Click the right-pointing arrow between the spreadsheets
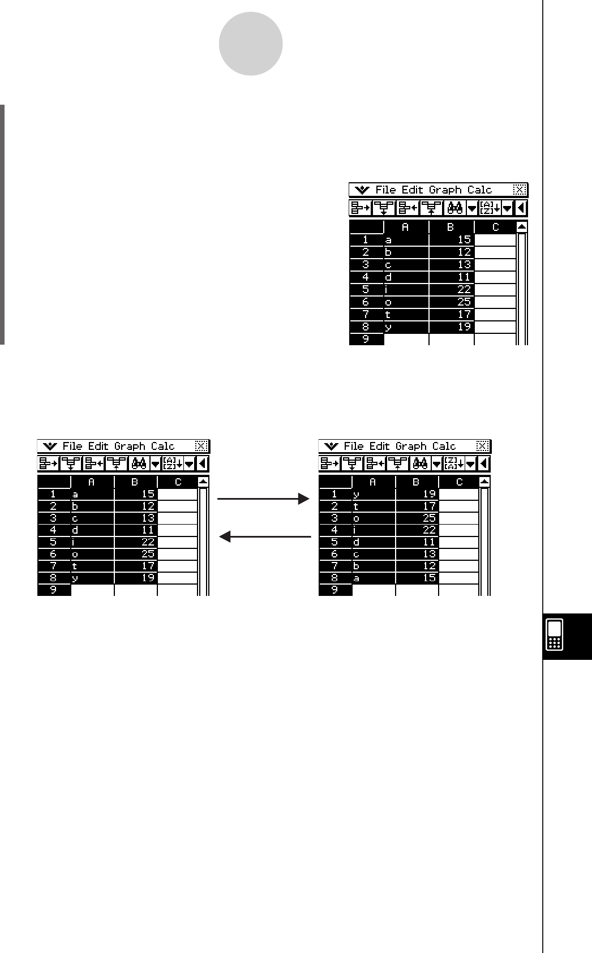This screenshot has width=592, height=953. pos(264,499)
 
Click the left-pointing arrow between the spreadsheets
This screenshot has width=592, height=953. pos(265,536)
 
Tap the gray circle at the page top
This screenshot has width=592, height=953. pos(251,44)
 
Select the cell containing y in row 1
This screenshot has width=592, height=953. pos(374,494)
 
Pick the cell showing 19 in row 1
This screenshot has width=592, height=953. pos(417,494)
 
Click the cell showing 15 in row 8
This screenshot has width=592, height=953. pos(417,578)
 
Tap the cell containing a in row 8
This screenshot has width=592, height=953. pos(374,578)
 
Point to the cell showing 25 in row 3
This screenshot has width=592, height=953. pos(417,518)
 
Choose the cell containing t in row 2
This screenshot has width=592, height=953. pos(374,506)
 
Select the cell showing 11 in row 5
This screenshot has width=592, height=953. pos(417,542)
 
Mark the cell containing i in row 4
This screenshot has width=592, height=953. pos(374,530)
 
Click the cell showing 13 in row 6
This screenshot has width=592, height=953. pos(417,553)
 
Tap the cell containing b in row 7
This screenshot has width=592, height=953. pos(374,565)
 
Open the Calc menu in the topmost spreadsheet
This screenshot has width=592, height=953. pos(479,190)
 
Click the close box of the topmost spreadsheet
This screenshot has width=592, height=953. pos(520,190)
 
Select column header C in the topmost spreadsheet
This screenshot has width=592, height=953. pos(495,227)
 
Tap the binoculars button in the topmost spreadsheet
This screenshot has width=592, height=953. pos(455,208)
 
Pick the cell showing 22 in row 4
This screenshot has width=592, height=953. pos(417,530)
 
